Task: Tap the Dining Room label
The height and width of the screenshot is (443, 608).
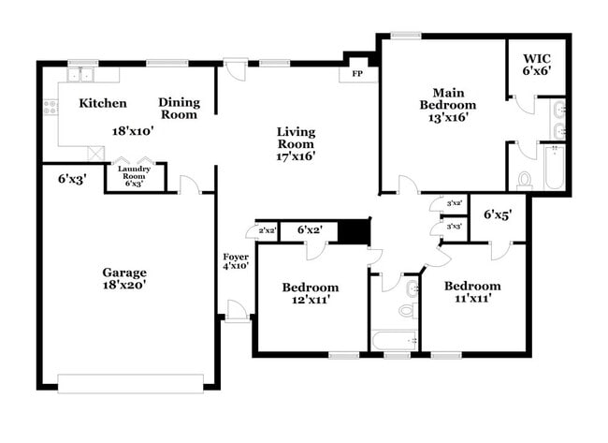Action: [x=178, y=109]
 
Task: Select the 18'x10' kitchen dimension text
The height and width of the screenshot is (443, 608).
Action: [x=133, y=132]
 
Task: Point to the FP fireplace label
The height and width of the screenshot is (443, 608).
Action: [x=357, y=73]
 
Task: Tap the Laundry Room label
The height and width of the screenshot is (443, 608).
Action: [x=134, y=175]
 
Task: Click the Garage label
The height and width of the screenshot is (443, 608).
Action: [x=123, y=273]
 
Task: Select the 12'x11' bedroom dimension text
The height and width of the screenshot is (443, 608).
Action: [x=310, y=300]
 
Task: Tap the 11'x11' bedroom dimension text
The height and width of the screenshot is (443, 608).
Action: [x=471, y=299]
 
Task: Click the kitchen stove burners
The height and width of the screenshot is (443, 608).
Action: [x=50, y=107]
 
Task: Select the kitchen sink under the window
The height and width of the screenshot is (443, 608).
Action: [x=82, y=75]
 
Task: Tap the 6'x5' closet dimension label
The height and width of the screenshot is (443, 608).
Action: [x=496, y=214]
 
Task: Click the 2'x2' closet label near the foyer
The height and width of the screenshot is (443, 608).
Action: [x=267, y=230]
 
